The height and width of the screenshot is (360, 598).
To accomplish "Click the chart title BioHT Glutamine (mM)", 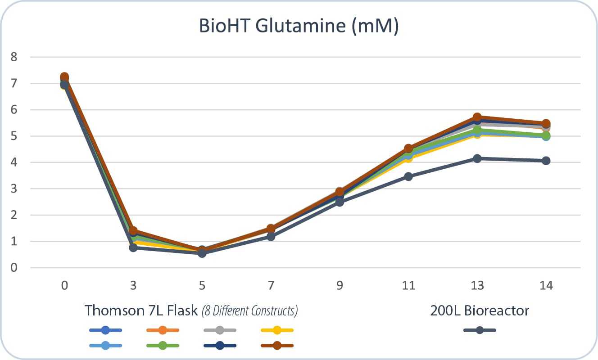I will [299, 26].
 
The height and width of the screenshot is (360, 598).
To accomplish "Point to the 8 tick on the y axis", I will [14, 57].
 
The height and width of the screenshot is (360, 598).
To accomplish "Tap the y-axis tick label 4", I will [14, 162].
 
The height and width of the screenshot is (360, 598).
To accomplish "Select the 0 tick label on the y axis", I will [14, 268].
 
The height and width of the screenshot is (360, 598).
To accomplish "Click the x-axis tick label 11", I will [408, 286].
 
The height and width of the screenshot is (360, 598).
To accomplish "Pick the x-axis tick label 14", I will [546, 286].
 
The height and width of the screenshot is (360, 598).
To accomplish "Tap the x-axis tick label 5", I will [202, 286].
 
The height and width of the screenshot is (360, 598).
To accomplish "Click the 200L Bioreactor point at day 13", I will [477, 158].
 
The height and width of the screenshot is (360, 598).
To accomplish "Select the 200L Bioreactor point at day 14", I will [546, 161].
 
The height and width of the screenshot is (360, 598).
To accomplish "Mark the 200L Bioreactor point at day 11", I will [408, 176].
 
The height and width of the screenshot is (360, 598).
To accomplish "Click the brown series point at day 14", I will [546, 124].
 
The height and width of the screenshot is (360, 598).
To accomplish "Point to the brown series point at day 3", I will [133, 231].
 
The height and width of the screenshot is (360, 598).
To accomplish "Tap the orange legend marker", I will [163, 330].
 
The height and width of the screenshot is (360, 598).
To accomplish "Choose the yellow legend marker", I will [277, 330].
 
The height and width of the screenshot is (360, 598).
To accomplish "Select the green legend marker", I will [163, 346].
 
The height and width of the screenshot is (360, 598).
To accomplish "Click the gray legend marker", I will [220, 330].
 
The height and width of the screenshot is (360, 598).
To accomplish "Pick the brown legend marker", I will [277, 346].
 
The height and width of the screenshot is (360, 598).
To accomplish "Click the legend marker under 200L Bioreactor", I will [480, 330].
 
